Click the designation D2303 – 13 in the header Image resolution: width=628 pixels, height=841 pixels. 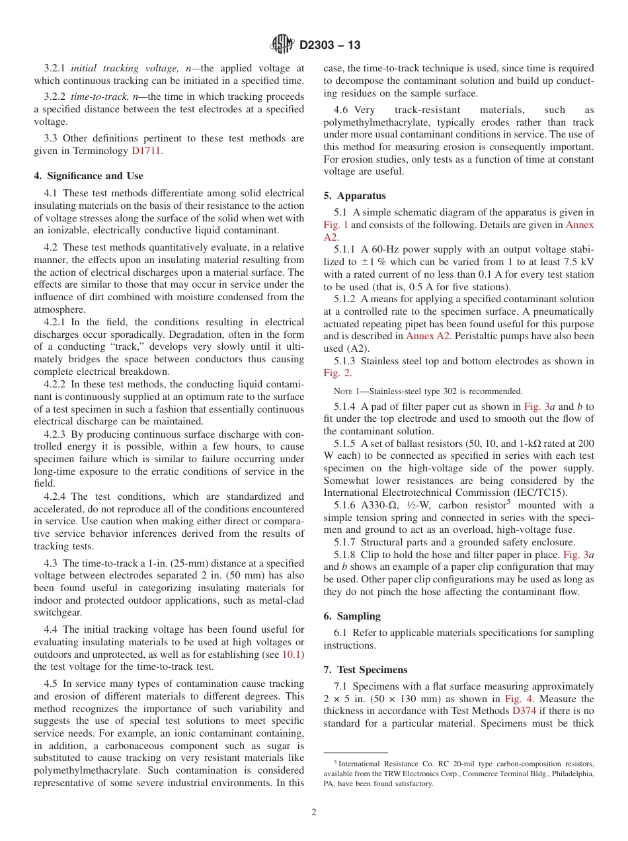pos(330,46)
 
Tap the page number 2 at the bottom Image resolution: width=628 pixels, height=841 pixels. pos(314,813)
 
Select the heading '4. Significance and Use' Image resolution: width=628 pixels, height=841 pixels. pos(89,176)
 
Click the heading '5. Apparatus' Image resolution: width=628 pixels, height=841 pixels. pos(355,196)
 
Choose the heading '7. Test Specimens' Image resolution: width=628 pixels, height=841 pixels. pos(366,670)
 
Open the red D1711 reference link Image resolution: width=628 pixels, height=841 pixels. pos(146,151)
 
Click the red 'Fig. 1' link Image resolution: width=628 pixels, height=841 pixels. pos(335,225)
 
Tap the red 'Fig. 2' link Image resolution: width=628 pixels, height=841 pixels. pos(335,374)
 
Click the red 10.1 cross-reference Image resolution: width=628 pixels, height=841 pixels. pos(292,655)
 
